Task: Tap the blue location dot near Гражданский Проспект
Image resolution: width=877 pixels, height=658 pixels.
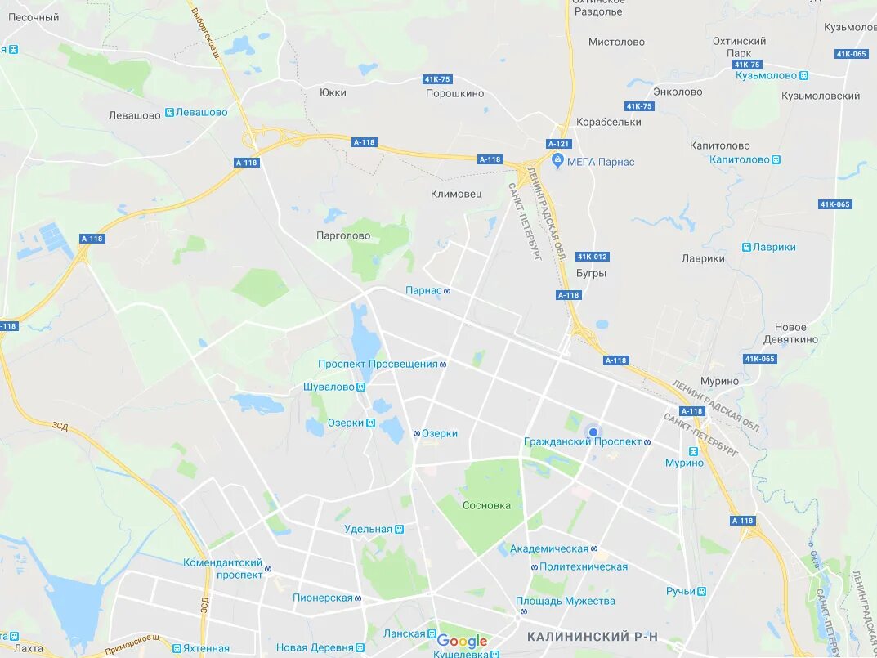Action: (x=593, y=432)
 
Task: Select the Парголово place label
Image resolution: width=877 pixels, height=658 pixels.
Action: (x=343, y=235)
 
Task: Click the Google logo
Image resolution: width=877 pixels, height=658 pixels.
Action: (x=462, y=642)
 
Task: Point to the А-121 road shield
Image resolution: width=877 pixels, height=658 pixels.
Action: (x=558, y=143)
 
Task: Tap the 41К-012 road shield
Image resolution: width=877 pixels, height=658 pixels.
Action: (x=592, y=257)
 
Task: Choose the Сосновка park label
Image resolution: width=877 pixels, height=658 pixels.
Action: (x=486, y=505)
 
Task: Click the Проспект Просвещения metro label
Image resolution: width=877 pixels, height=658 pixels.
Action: (x=378, y=364)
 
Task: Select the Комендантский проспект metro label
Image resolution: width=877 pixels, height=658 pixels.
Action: (x=223, y=569)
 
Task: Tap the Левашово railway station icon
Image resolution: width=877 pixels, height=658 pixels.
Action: (x=169, y=112)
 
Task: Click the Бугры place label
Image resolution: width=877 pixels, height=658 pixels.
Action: (x=591, y=273)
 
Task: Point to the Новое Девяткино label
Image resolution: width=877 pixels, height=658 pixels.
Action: (x=790, y=333)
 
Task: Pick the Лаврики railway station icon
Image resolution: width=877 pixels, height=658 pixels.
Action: (x=746, y=247)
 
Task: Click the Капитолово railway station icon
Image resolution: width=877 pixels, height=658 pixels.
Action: (x=776, y=160)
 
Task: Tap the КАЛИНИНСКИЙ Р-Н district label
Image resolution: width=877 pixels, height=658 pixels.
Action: (x=592, y=637)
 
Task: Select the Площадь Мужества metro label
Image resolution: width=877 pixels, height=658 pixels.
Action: (x=566, y=601)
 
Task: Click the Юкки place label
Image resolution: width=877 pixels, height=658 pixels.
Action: (x=333, y=92)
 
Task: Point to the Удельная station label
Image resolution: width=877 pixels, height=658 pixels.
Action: (x=368, y=529)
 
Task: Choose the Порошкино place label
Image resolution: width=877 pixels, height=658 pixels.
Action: (x=454, y=93)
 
